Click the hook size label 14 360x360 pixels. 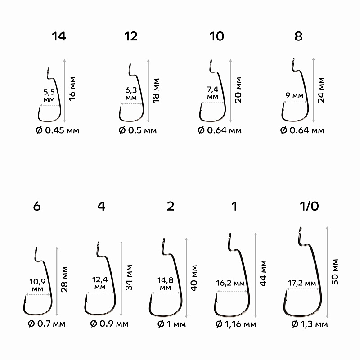[58, 37]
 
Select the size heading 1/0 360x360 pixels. [308, 207]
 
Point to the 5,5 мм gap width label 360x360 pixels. [49, 95]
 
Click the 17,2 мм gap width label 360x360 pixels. [301, 283]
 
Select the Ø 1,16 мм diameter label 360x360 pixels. [236, 324]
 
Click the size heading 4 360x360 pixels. [101, 207]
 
